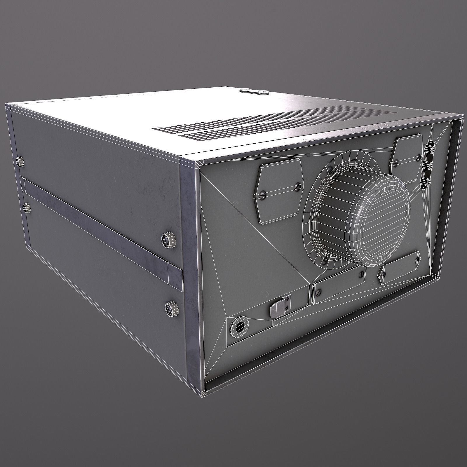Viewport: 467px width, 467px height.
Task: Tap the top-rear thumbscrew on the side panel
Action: click(20, 161)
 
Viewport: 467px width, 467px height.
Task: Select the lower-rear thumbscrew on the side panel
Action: click(27, 208)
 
